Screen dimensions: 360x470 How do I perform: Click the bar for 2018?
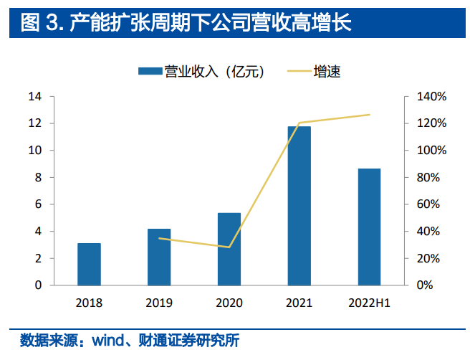[x=89, y=264]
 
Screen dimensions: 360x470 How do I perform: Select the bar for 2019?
[x=159, y=257]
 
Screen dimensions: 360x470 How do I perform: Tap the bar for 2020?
[x=229, y=249]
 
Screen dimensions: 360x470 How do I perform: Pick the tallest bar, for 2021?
[x=299, y=206]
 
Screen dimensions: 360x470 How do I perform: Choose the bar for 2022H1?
[x=369, y=227]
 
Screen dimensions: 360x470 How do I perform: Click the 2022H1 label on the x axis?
[x=369, y=303]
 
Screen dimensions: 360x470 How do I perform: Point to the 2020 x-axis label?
[x=229, y=303]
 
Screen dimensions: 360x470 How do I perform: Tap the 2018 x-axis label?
[x=89, y=303]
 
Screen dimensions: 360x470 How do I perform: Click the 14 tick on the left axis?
[x=34, y=97]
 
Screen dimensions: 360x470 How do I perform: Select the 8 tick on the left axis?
[x=38, y=178]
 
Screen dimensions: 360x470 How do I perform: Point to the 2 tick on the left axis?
[x=38, y=258]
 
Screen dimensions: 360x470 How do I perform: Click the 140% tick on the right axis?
[x=432, y=97]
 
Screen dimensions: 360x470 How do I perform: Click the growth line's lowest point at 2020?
[x=229, y=247]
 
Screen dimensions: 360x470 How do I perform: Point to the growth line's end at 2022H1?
[x=369, y=115]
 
